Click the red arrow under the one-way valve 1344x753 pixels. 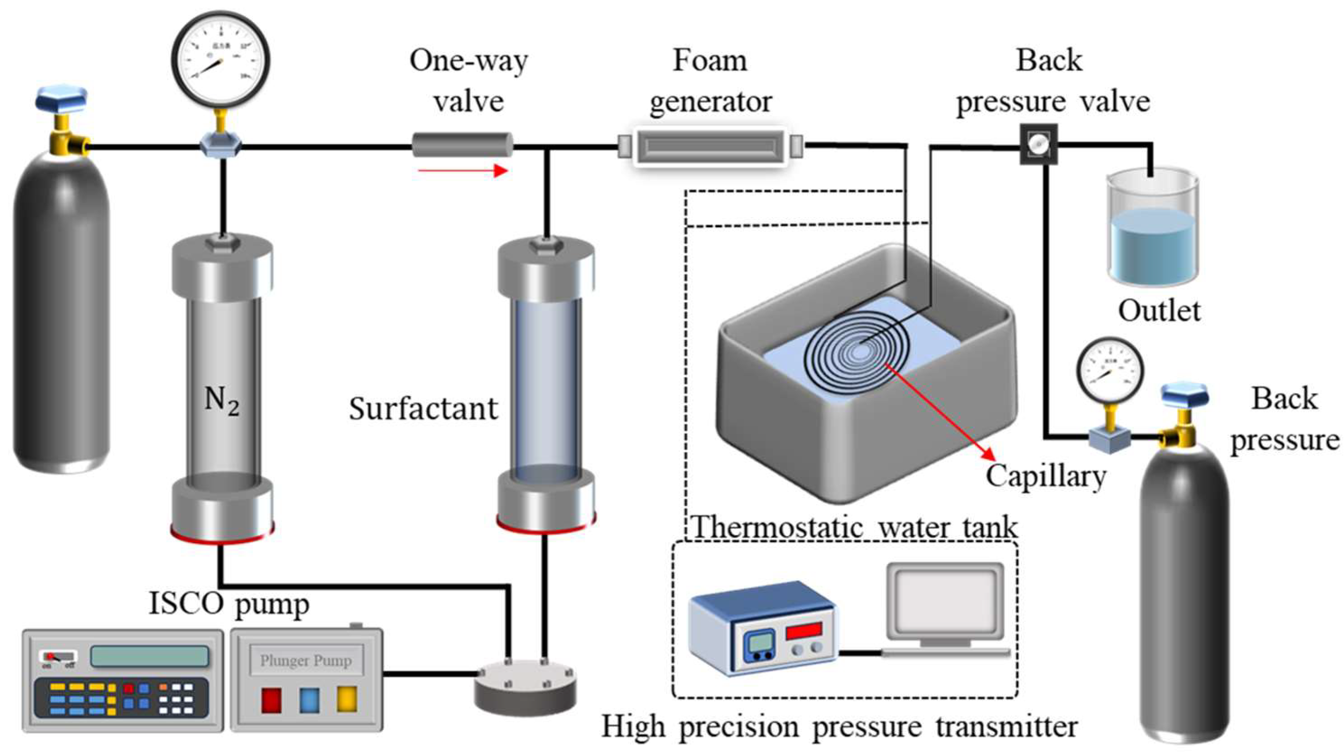tap(462, 170)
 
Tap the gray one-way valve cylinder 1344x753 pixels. tap(462, 145)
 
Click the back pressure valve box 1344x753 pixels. tap(1038, 144)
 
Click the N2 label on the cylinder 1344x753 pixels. tap(222, 401)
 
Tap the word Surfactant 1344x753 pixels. tap(423, 409)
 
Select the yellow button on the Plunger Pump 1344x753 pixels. tap(347, 699)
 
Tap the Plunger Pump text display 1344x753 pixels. tap(306, 661)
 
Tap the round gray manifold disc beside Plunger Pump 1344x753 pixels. tap(526, 688)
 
